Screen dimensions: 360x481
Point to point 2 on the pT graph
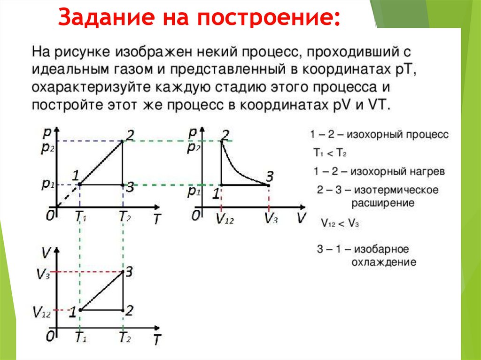(x=123, y=141)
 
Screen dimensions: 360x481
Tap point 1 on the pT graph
(x=80, y=184)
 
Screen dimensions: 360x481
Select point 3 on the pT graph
(x=123, y=185)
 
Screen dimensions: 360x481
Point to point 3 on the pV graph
(x=268, y=185)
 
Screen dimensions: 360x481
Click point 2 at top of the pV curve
(x=222, y=141)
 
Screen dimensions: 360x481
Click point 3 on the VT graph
(x=123, y=272)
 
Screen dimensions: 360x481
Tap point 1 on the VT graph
(x=80, y=310)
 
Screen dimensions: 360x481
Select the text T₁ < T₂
(x=330, y=153)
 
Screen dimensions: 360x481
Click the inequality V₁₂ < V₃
(x=340, y=223)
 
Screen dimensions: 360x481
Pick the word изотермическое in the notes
(x=396, y=190)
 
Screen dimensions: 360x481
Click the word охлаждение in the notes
(x=384, y=262)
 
